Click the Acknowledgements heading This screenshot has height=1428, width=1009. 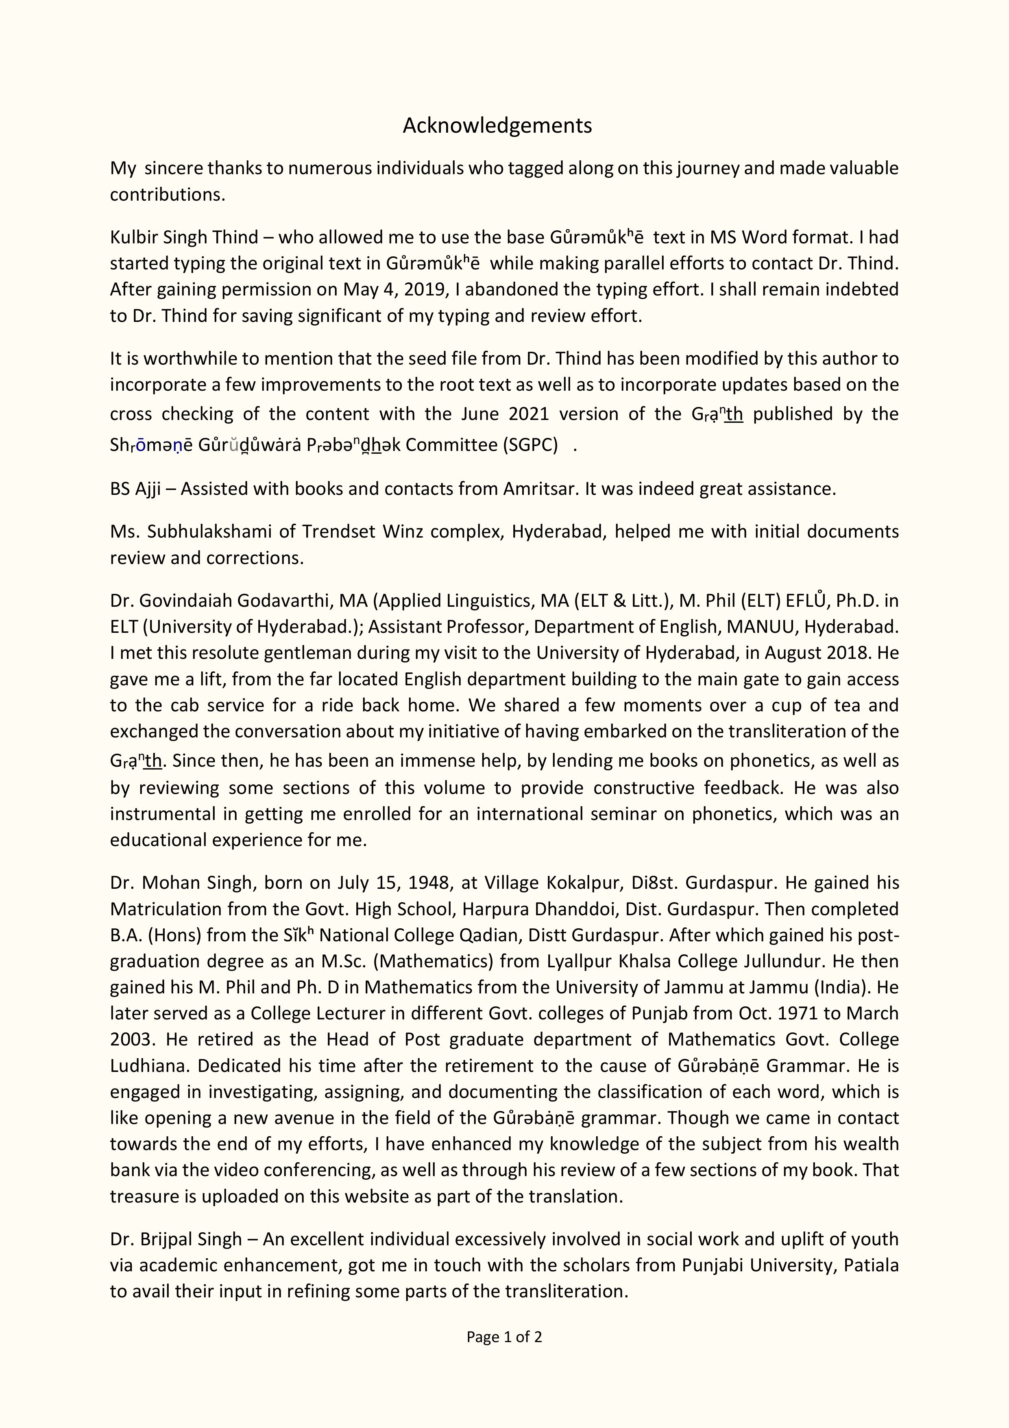coord(497,126)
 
